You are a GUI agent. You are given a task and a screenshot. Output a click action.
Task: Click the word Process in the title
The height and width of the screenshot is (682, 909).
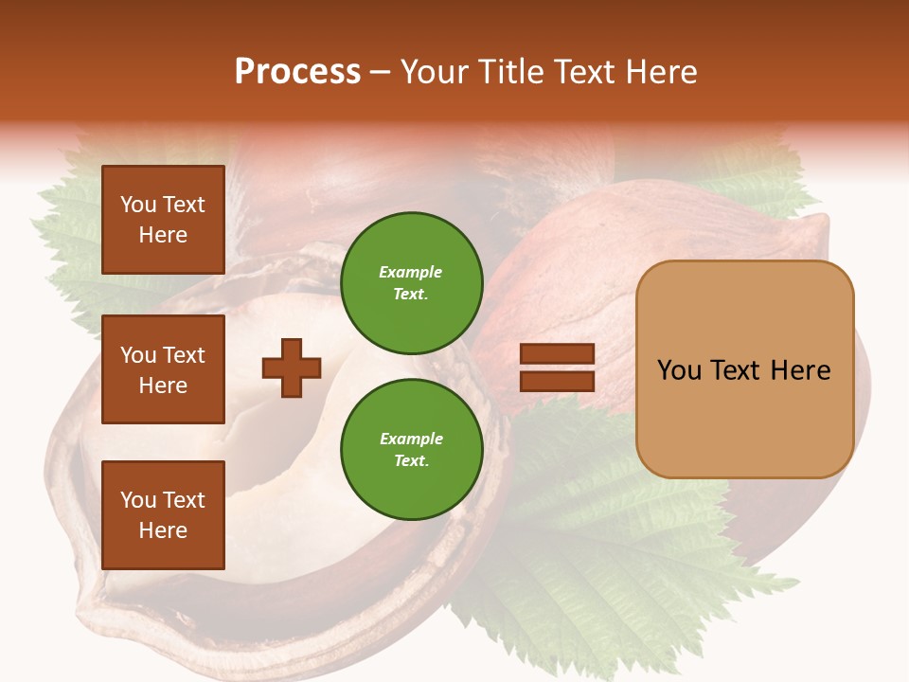(297, 72)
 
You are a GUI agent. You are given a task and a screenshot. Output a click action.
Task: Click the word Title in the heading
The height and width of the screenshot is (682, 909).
(509, 72)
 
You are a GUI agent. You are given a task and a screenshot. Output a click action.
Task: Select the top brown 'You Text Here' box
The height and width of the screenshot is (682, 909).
(163, 220)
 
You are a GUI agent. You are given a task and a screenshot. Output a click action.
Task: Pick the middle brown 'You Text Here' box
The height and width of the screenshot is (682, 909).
(163, 369)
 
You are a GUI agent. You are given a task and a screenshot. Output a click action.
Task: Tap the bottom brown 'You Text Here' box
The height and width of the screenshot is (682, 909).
(163, 515)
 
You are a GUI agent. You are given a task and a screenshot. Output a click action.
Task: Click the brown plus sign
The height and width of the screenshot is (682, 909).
(292, 368)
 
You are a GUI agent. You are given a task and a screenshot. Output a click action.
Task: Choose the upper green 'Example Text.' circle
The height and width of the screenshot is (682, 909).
(411, 282)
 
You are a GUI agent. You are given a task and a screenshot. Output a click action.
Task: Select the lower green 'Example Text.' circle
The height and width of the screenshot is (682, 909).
(411, 449)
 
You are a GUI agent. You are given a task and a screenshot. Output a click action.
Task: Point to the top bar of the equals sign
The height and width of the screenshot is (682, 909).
(557, 354)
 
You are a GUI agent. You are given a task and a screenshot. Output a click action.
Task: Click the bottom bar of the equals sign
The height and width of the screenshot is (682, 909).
(557, 381)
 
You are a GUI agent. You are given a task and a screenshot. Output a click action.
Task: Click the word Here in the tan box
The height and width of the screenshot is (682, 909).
(800, 370)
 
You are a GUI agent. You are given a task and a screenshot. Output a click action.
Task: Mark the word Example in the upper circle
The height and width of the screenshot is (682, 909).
(411, 272)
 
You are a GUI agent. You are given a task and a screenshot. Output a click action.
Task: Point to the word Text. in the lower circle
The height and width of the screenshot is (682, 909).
(411, 461)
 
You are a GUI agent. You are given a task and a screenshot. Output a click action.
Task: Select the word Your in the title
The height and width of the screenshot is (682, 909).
(434, 72)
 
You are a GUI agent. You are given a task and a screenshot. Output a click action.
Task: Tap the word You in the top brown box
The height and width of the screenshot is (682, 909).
(138, 205)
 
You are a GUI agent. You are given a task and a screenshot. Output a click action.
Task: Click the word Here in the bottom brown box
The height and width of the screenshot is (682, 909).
(163, 530)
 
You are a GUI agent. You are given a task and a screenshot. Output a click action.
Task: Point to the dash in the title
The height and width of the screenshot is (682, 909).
(381, 73)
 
